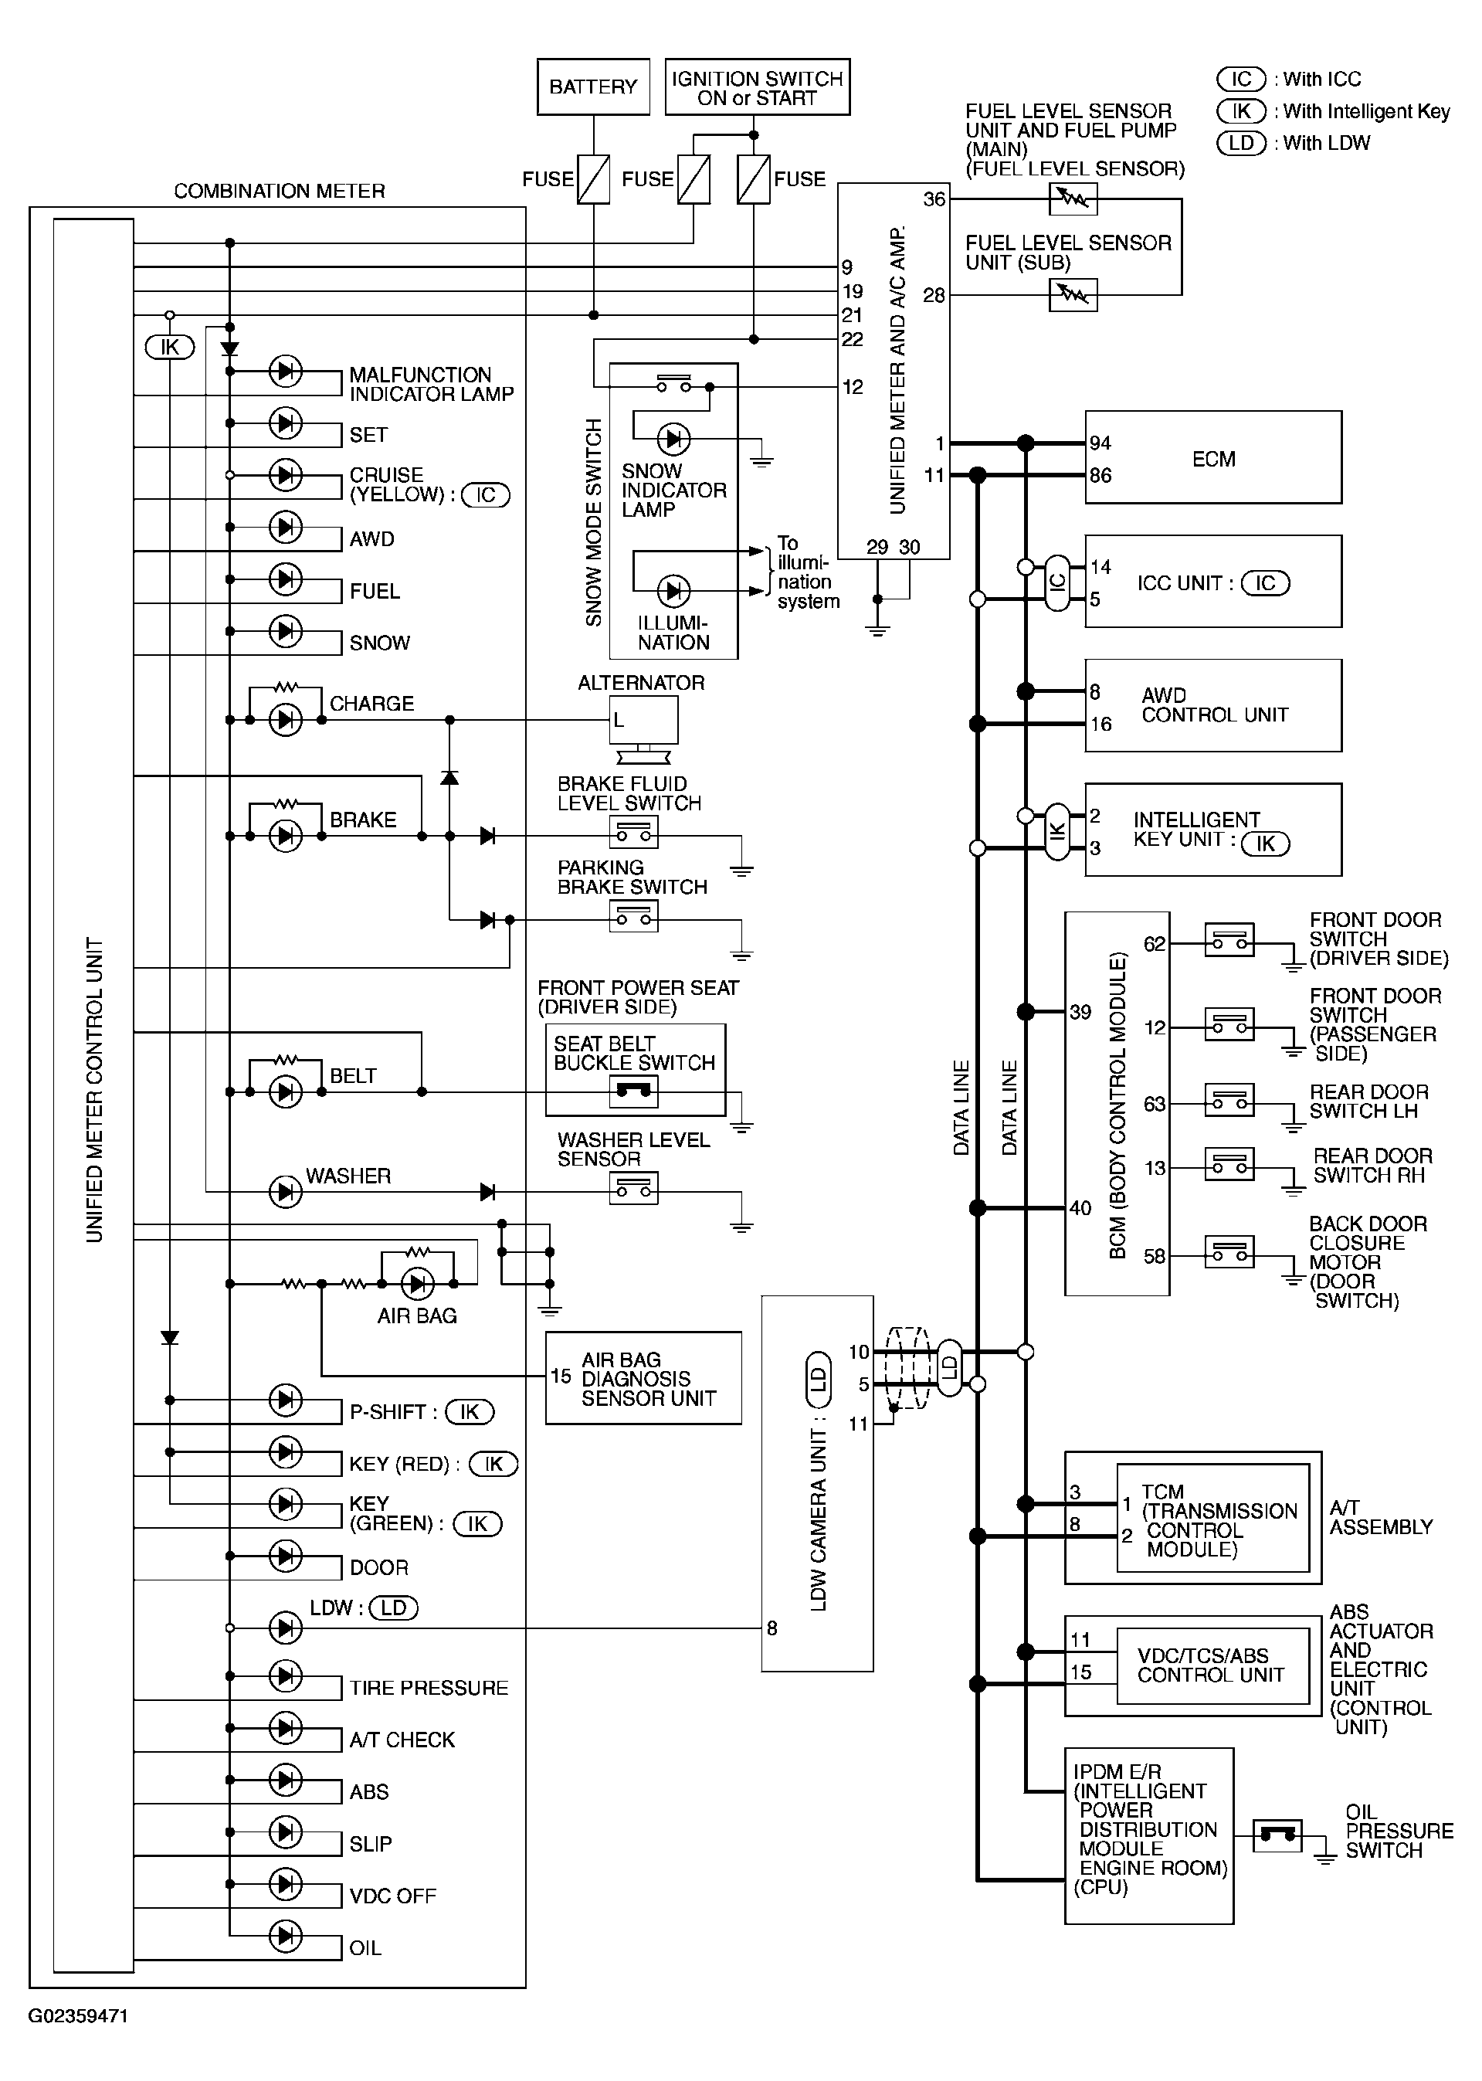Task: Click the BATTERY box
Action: (x=593, y=87)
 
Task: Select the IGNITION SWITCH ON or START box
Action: (x=758, y=87)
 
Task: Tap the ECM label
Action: (x=1214, y=459)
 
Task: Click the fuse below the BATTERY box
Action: (x=594, y=180)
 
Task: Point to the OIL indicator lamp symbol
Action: (x=286, y=1935)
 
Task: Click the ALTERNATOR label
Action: (x=641, y=683)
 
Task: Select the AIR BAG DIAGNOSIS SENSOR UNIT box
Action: (x=643, y=1378)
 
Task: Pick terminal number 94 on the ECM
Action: (x=1100, y=443)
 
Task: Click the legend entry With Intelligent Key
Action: (x=1366, y=111)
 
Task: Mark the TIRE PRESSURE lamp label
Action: (x=429, y=1689)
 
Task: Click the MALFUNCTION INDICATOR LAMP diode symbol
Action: (x=286, y=372)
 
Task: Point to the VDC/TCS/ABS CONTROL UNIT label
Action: (x=1211, y=1665)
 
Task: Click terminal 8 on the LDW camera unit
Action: (x=772, y=1628)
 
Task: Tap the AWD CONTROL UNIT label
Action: (x=1215, y=705)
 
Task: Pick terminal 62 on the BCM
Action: (x=1155, y=944)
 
